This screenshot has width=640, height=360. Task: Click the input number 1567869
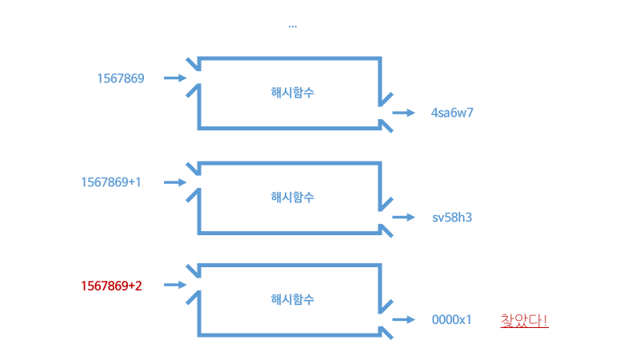point(120,78)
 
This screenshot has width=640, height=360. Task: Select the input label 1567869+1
point(111,182)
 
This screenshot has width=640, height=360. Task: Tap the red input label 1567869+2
point(111,285)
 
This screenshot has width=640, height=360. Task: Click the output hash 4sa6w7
point(453,113)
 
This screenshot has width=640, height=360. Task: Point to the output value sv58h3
point(453,217)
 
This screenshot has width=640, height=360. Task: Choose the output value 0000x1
point(452,320)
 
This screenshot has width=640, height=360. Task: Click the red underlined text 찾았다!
point(524,320)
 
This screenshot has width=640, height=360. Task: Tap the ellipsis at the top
point(293,26)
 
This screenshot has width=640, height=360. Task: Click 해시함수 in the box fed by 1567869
point(293,93)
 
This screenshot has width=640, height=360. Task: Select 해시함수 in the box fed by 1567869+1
point(293,197)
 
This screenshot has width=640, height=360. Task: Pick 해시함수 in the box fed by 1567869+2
point(293,300)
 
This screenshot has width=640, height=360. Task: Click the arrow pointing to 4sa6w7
point(405,113)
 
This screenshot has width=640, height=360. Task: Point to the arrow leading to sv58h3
point(405,217)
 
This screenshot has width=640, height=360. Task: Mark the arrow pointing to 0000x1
point(405,320)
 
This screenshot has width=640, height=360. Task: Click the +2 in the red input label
point(135,285)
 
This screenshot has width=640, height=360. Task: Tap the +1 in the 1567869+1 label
point(135,182)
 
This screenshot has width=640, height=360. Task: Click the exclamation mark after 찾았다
point(545,320)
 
